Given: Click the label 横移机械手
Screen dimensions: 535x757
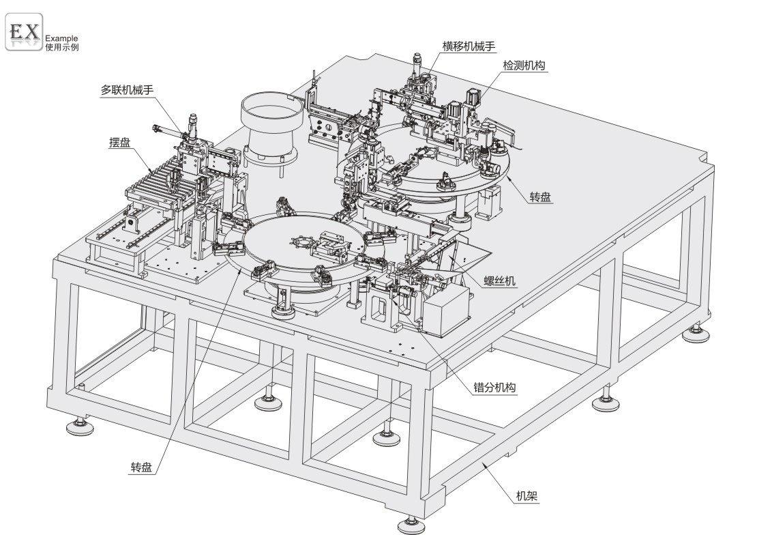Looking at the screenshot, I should [x=468, y=46].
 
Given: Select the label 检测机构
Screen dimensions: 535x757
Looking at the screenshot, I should [x=524, y=65].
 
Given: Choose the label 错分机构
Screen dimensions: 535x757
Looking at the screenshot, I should [x=494, y=388].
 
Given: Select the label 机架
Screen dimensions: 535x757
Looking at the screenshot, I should [x=527, y=497].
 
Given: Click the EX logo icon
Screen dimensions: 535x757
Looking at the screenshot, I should [x=24, y=31].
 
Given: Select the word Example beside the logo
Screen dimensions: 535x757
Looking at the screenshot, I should [x=61, y=39].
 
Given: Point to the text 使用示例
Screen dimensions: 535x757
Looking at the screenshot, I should [x=61, y=47].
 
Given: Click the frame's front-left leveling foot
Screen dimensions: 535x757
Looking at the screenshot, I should [x=81, y=428].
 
